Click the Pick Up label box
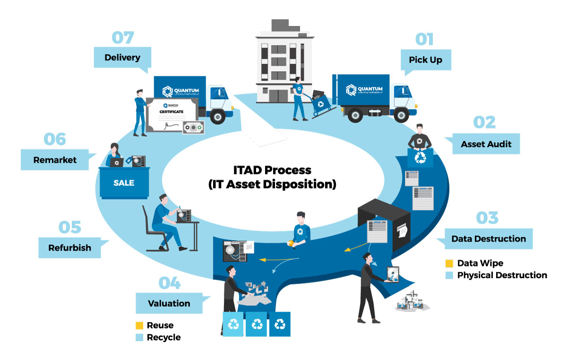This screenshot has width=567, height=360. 425,60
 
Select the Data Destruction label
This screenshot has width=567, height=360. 489,239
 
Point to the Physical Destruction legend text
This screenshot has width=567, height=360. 502,275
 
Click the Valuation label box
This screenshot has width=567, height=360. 169,303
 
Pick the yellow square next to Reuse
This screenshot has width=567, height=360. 139,326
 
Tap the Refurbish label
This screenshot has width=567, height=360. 69,248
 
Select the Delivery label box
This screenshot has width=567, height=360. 122,58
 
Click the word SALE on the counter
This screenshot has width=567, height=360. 124,183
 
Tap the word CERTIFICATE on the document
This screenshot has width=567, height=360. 172,112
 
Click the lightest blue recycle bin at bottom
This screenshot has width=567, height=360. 233,325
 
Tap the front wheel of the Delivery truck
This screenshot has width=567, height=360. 218,116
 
